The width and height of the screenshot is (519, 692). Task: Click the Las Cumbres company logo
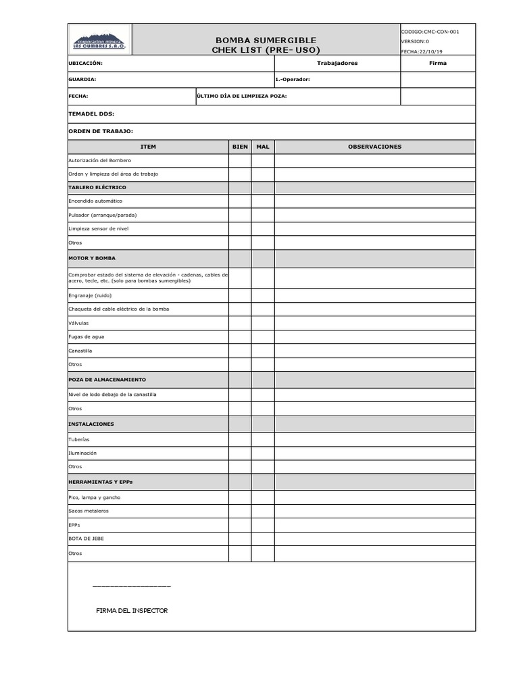pyautogui.click(x=99, y=41)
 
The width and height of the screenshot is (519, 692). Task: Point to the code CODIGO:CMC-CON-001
pyautogui.click(x=430, y=32)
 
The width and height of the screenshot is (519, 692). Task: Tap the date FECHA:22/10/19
pyautogui.click(x=423, y=51)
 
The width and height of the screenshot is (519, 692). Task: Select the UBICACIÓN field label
pyautogui.click(x=86, y=63)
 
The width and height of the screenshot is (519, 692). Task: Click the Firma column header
pyautogui.click(x=438, y=63)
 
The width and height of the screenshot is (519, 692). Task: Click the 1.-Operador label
pyautogui.click(x=293, y=79)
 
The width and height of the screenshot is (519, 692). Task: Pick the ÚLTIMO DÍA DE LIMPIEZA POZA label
pyautogui.click(x=241, y=96)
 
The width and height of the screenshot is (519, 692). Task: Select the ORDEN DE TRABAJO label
pyautogui.click(x=101, y=131)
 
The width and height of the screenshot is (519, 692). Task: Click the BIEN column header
pyautogui.click(x=240, y=147)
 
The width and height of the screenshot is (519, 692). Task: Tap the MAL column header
pyautogui.click(x=263, y=147)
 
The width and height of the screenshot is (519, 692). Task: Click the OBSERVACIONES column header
pyautogui.click(x=374, y=147)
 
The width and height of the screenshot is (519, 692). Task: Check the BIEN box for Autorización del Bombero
pyautogui.click(x=240, y=160)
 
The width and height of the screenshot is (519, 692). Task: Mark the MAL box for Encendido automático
pyautogui.click(x=263, y=201)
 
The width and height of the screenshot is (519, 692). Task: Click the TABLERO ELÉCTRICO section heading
pyautogui.click(x=97, y=187)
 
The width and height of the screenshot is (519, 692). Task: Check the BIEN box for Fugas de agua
pyautogui.click(x=240, y=337)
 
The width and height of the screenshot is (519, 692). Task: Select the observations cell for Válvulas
pyautogui.click(x=374, y=323)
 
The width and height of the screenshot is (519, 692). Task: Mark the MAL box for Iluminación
pyautogui.click(x=263, y=453)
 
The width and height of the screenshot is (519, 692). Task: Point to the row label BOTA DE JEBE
pyautogui.click(x=86, y=539)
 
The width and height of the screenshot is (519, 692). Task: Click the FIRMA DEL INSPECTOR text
pyautogui.click(x=132, y=611)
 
